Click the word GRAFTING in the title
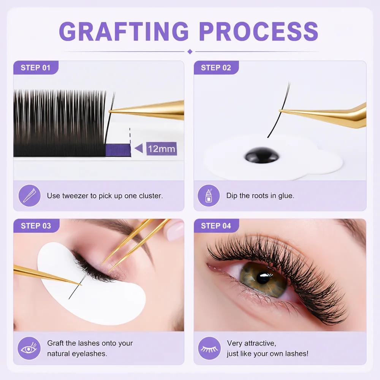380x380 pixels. click(124, 31)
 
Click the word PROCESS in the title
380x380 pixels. click(258, 31)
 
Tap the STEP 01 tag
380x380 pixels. click(36, 68)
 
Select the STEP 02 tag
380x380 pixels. click(216, 68)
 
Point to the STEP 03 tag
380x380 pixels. click(36, 226)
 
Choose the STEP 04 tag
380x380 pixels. click(216, 226)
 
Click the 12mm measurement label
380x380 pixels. click(161, 149)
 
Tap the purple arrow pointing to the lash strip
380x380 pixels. click(139, 148)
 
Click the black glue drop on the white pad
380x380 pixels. click(262, 155)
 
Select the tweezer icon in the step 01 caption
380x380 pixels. click(30, 196)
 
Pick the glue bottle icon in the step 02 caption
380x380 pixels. click(209, 196)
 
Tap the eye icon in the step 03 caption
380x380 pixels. click(29, 348)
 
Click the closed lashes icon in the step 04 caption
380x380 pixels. click(209, 348)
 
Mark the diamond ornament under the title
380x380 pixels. click(190, 51)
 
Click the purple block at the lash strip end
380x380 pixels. click(118, 150)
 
